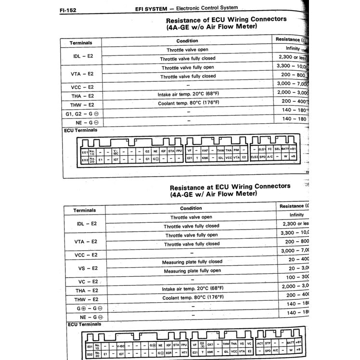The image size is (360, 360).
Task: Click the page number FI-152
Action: [68, 9]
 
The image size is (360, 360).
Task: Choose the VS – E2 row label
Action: [87, 268]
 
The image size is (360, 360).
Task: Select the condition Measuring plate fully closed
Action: [192, 261]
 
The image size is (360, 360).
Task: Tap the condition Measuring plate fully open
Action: [192, 271]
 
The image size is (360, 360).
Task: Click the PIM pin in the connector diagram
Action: [236, 151]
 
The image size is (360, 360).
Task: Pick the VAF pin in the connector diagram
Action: [205, 151]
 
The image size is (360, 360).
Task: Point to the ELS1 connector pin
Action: [262, 149]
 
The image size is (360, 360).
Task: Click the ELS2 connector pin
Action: [255, 157]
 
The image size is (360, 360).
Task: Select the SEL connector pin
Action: [278, 149]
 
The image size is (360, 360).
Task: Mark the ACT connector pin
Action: [260, 344]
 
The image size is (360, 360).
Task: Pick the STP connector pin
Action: [268, 344]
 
